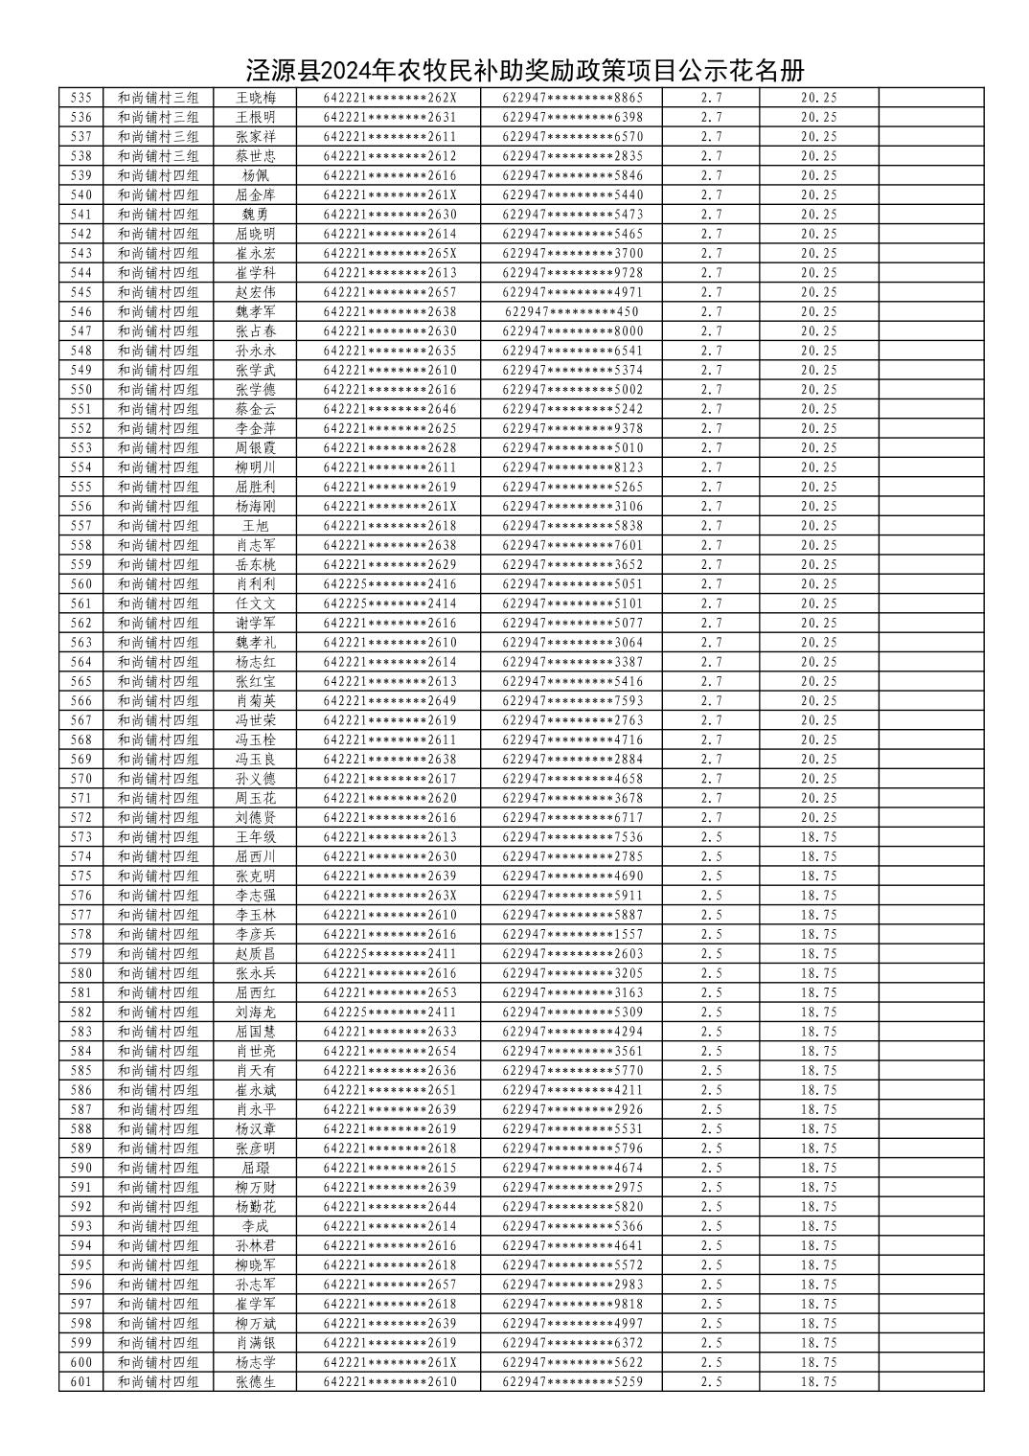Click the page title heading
(x=524, y=71)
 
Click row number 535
(x=82, y=98)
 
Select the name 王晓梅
(x=256, y=98)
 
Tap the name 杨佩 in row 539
(x=256, y=175)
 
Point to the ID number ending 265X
(x=390, y=253)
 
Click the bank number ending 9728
(x=573, y=273)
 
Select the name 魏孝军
(x=256, y=311)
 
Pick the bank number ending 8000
(x=573, y=331)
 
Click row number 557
(x=82, y=526)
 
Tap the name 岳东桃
(x=256, y=564)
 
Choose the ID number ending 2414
(x=390, y=603)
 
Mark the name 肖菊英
(x=256, y=700)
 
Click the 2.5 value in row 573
(x=711, y=837)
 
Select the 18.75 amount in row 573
(x=818, y=837)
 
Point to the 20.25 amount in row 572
(x=818, y=817)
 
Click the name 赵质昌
(x=256, y=953)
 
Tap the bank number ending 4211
(x=573, y=1089)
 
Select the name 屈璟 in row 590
(x=256, y=1168)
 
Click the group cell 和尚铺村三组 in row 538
(x=158, y=156)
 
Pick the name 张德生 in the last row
(x=256, y=1381)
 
